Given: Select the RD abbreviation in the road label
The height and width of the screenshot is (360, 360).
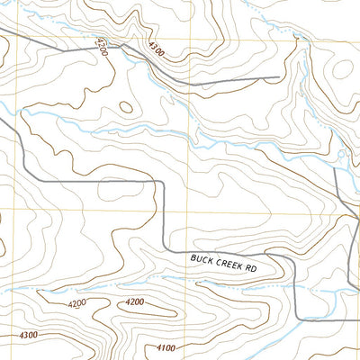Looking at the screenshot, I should pos(251,267).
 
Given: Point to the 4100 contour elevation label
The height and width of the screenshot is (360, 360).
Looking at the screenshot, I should pos(166,347).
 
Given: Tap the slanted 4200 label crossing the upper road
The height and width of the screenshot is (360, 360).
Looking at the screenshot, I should pos(100,46).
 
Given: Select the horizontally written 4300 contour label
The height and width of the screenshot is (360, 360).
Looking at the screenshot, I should pos(27,335).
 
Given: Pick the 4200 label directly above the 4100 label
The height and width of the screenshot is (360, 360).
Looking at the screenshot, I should pos(136,301).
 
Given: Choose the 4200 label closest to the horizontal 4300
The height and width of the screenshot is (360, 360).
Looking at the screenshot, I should pos(76,304).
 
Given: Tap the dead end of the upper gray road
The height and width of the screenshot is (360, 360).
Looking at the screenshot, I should pos(289,76).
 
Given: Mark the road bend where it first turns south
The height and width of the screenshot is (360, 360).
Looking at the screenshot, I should pos(160,183).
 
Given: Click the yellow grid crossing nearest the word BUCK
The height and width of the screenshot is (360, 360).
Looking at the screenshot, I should pos(189,212).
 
